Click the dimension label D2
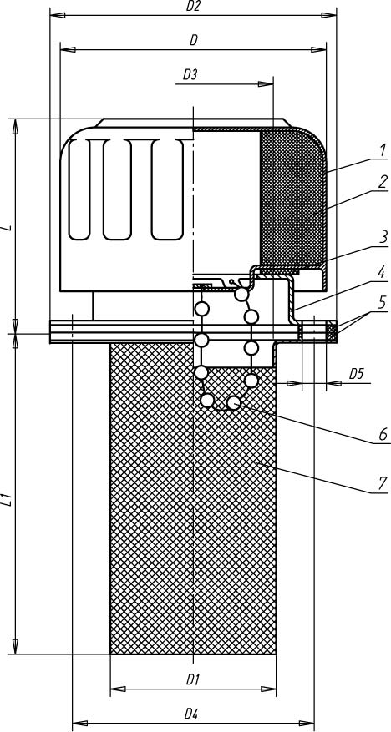click(192, 7)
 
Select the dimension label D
click(193, 41)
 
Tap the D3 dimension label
click(189, 74)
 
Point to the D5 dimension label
click(357, 373)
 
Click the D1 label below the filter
click(193, 679)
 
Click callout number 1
click(382, 150)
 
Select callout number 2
click(382, 182)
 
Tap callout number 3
click(383, 237)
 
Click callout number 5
click(382, 302)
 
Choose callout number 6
click(382, 435)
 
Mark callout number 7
click(382, 482)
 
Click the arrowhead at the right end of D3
click(266, 84)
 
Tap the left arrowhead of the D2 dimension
click(58, 15)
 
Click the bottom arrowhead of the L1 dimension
click(15, 646)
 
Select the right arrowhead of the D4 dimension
click(306, 723)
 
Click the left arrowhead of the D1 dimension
click(118, 689)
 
